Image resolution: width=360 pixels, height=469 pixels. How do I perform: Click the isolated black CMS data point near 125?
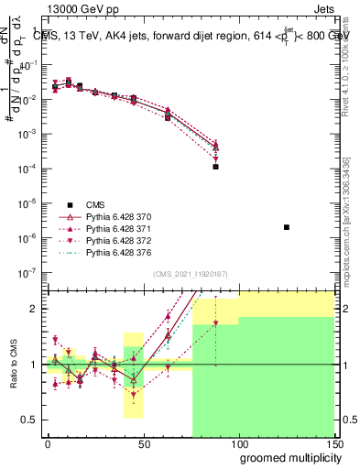[287, 227]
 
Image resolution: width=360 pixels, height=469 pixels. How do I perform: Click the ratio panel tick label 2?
[34, 309]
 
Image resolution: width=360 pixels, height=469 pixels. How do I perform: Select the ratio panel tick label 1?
[34, 364]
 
